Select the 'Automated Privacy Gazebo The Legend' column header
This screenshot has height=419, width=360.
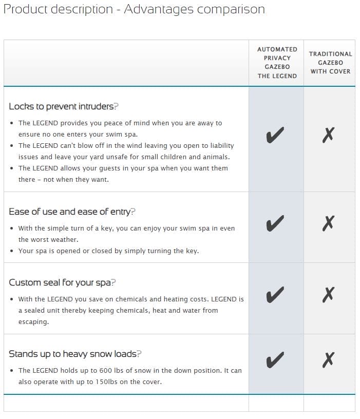277,63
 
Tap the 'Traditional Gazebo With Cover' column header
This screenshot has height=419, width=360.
330,63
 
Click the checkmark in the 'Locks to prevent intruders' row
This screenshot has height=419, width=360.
276,136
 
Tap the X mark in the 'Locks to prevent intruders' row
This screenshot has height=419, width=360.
329,136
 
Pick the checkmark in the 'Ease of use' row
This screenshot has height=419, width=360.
276,223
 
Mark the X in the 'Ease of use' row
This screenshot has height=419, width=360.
329,223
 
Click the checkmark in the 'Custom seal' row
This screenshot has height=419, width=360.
276,295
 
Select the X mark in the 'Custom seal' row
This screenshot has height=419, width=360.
329,295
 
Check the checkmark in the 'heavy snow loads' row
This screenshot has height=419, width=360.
276,360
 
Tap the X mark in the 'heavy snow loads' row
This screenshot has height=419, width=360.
329,360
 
